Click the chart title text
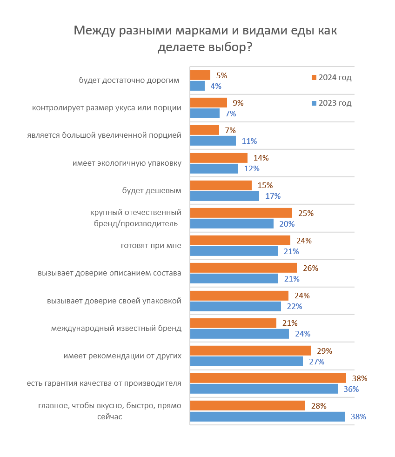click(x=205, y=39)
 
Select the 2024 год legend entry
click(x=331, y=78)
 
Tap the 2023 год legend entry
click(x=331, y=103)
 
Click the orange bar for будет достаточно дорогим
click(x=201, y=75)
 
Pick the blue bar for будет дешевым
click(x=225, y=196)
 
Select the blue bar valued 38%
click(x=268, y=417)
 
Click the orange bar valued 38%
click(x=268, y=378)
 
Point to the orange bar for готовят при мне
click(x=240, y=241)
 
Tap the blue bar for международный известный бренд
click(x=240, y=334)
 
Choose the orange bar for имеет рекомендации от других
click(x=250, y=350)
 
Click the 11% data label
click(x=250, y=141)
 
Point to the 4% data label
click(x=215, y=86)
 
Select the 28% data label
click(x=319, y=405)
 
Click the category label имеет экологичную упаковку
click(x=127, y=163)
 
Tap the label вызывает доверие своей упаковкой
click(x=114, y=301)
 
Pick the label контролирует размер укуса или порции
click(x=107, y=108)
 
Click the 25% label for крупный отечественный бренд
click(x=306, y=213)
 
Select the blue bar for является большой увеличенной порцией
click(x=213, y=141)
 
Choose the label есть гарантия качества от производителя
click(x=104, y=383)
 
